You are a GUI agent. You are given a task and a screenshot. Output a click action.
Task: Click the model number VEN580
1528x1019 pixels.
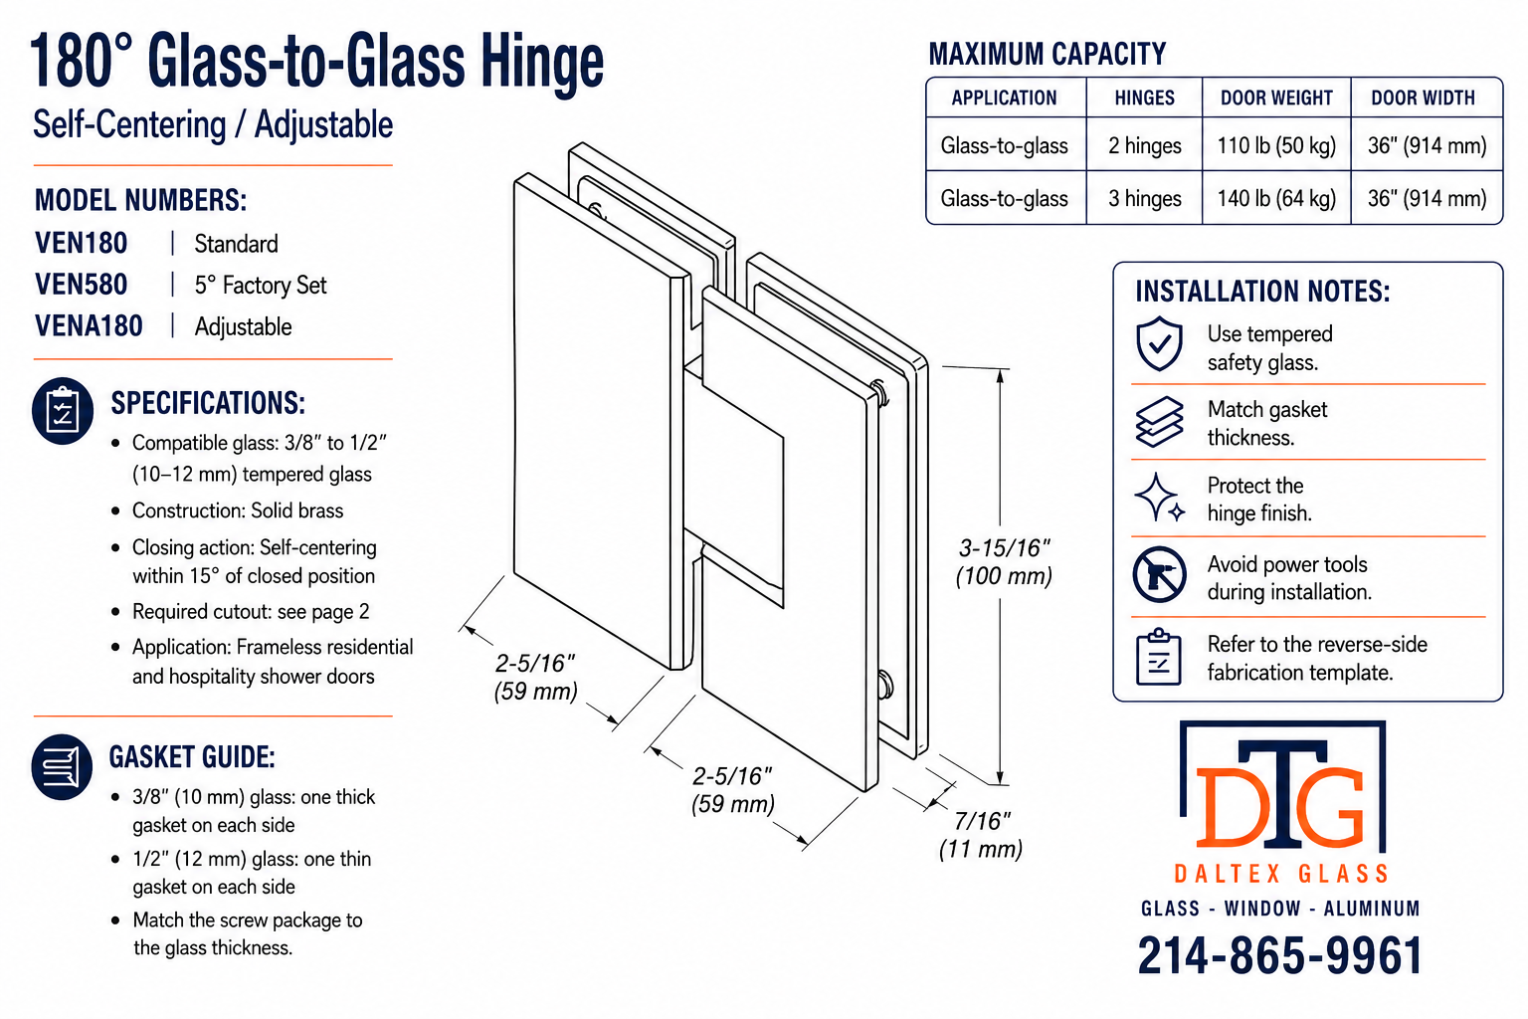(82, 285)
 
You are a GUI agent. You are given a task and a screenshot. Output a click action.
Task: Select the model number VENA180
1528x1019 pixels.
(89, 326)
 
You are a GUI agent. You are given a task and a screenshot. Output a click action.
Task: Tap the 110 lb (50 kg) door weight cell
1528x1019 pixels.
(1276, 145)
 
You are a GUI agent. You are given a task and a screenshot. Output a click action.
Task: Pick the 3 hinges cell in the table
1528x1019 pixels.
(1145, 199)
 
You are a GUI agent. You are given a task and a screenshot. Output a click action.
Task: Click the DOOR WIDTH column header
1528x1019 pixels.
(1423, 99)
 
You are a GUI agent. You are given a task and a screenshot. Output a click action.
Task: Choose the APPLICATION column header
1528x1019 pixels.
(1004, 99)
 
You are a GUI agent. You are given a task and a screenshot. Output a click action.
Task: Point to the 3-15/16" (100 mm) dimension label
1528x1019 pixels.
(1004, 562)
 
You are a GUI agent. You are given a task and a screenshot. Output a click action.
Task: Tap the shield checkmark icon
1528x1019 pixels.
(1159, 344)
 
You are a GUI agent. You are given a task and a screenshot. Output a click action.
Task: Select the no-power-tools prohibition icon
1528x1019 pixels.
(1159, 575)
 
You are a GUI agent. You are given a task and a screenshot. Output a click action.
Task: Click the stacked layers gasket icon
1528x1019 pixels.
(1159, 422)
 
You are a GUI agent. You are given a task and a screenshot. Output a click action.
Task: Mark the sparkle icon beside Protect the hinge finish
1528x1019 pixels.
(1159, 498)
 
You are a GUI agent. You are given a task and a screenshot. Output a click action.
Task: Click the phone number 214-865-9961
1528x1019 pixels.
(1279, 955)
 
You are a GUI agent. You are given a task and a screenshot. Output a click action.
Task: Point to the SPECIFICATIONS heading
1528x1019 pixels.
(208, 403)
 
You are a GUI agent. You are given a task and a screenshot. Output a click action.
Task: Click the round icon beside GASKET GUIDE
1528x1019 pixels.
(62, 766)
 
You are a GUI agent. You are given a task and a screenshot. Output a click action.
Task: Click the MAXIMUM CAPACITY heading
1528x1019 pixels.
(1048, 54)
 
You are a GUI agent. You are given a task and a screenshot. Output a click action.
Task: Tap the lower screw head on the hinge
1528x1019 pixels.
(885, 686)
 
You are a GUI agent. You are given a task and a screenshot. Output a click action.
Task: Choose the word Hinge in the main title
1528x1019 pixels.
(541, 64)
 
